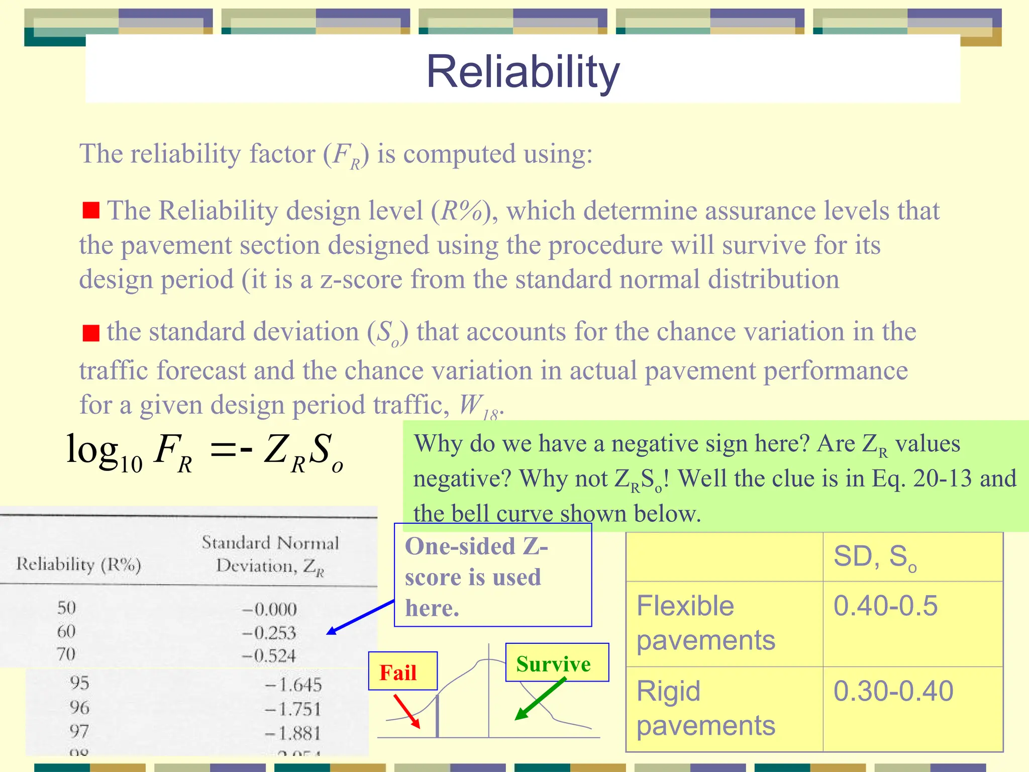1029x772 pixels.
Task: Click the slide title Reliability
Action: click(523, 71)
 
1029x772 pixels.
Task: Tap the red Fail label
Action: click(398, 672)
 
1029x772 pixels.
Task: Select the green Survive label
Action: click(553, 664)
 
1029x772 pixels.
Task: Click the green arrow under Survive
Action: click(540, 699)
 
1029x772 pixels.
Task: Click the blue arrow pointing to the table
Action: click(360, 617)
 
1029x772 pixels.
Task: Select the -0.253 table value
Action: click(269, 632)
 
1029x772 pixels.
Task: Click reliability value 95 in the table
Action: click(79, 683)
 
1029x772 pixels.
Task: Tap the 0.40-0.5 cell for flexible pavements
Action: click(885, 606)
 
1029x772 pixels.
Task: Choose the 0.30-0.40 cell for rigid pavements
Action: click(893, 691)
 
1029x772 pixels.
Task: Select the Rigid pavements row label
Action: click(705, 708)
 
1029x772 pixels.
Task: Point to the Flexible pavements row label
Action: click(705, 623)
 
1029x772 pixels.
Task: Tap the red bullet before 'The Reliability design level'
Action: click(91, 210)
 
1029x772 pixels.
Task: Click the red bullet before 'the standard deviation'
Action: click(91, 333)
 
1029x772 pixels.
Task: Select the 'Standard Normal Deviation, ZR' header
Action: click(270, 554)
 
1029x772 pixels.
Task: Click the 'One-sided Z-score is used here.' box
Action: click(492, 575)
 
